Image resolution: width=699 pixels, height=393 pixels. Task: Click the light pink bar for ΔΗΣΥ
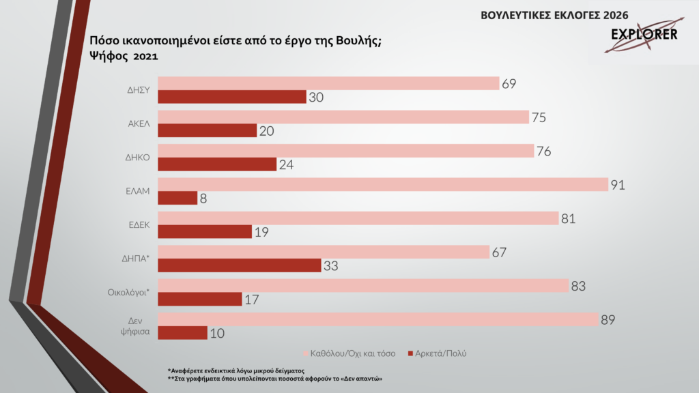(x=328, y=83)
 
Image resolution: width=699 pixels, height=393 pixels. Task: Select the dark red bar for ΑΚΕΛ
(x=208, y=130)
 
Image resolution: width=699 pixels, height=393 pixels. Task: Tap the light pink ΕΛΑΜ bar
(x=382, y=184)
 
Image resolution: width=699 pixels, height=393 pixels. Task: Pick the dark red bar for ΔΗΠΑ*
(x=240, y=265)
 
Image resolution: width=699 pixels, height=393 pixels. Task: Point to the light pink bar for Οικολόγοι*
(x=363, y=285)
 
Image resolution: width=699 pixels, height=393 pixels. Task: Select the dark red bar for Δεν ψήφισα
(x=183, y=332)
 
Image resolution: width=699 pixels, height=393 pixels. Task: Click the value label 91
(x=618, y=185)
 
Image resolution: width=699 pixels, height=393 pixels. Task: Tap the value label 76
(x=544, y=151)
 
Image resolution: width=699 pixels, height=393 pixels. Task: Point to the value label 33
(x=332, y=265)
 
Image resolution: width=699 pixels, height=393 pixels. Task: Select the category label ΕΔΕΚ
(x=139, y=224)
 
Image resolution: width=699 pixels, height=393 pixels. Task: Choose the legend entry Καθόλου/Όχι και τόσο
(x=351, y=353)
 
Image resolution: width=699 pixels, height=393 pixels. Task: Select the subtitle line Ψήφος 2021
(x=124, y=57)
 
